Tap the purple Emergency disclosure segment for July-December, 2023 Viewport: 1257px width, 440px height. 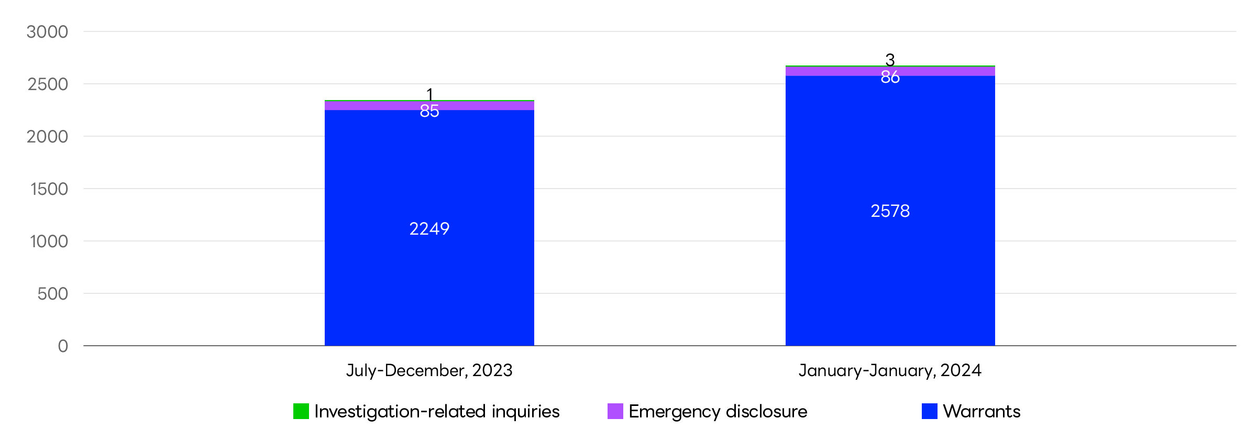pos(367,106)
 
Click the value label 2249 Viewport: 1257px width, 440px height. pos(429,229)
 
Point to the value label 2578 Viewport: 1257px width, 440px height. pos(890,211)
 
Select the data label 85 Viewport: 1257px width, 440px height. pos(429,111)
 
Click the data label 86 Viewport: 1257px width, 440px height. pos(890,78)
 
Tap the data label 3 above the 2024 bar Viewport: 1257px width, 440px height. pos(890,59)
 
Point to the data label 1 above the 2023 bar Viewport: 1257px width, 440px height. pos(430,94)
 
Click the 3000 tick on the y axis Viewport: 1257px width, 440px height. pos(48,32)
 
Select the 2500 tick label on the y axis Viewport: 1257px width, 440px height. pos(48,84)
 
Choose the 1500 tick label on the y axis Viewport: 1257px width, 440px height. pos(49,189)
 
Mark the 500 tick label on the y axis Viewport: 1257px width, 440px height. pos(52,294)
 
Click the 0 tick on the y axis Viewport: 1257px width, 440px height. pos(63,346)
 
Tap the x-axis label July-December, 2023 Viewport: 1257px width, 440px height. pos(429,371)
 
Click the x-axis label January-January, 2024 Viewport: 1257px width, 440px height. pos(890,371)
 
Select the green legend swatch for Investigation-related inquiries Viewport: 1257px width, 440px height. pos(301,411)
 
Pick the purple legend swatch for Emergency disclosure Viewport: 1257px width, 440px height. pos(615,411)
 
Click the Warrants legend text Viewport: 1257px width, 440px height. pos(982,411)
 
